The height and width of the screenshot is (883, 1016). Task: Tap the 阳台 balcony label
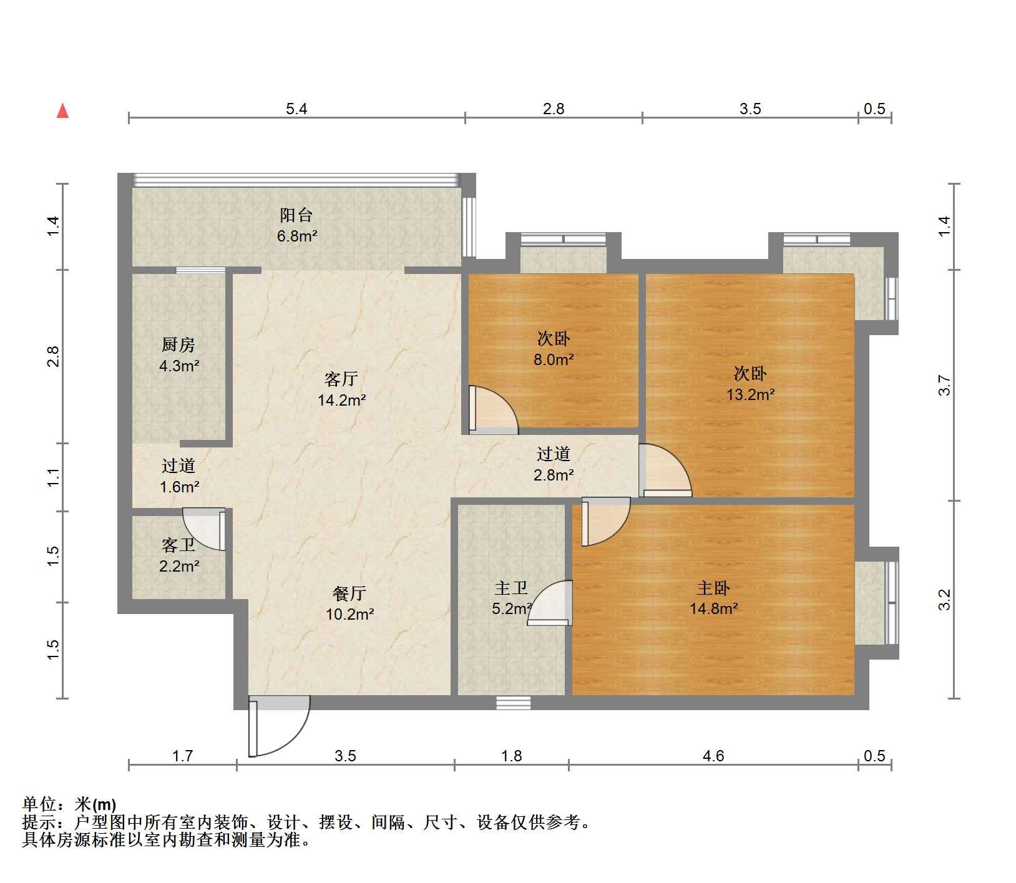click(x=296, y=216)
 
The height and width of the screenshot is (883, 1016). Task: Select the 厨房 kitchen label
click(x=178, y=344)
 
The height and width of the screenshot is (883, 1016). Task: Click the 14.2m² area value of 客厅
click(x=341, y=400)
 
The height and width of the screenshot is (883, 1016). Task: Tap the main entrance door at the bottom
click(x=279, y=726)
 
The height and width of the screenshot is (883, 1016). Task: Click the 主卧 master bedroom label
click(x=713, y=588)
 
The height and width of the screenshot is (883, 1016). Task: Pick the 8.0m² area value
click(x=554, y=359)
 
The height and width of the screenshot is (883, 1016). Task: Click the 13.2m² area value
click(x=750, y=394)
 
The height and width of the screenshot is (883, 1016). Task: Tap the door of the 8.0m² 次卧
click(x=493, y=410)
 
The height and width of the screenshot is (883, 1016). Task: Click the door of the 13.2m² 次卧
click(x=665, y=470)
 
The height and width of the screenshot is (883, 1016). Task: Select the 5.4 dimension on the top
click(x=296, y=109)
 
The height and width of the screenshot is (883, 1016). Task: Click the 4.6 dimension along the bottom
click(x=713, y=756)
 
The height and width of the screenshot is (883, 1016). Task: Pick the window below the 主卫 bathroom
click(x=514, y=703)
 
